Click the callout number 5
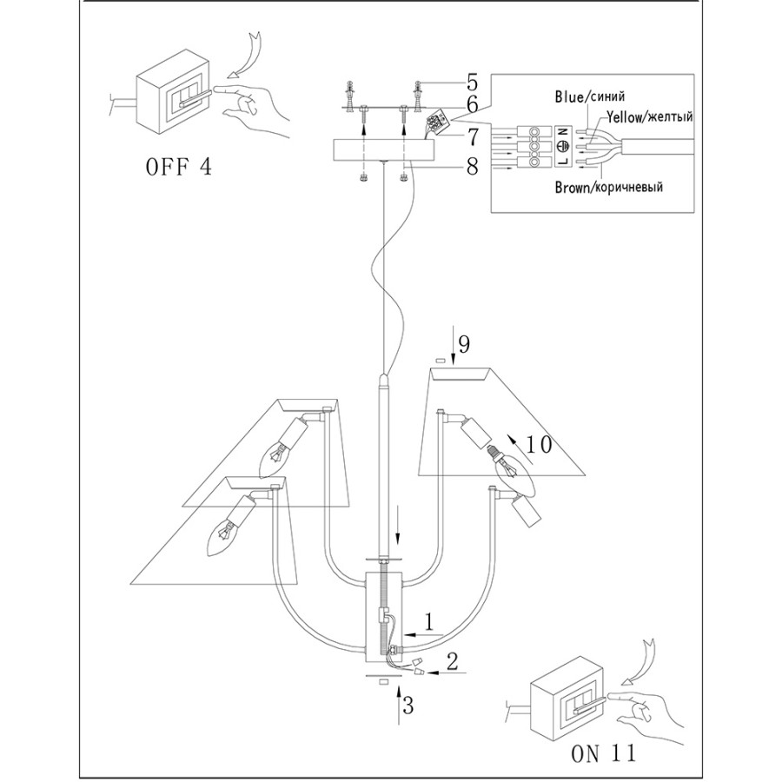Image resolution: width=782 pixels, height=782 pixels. pos(472,83)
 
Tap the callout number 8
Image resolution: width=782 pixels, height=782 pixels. pos(472,165)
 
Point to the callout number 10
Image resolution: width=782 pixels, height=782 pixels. pos(539,446)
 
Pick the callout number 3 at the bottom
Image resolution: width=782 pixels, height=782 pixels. pos(408,706)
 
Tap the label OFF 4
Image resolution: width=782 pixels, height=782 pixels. pos(177,167)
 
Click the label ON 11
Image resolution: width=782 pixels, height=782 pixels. pos(604,752)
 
